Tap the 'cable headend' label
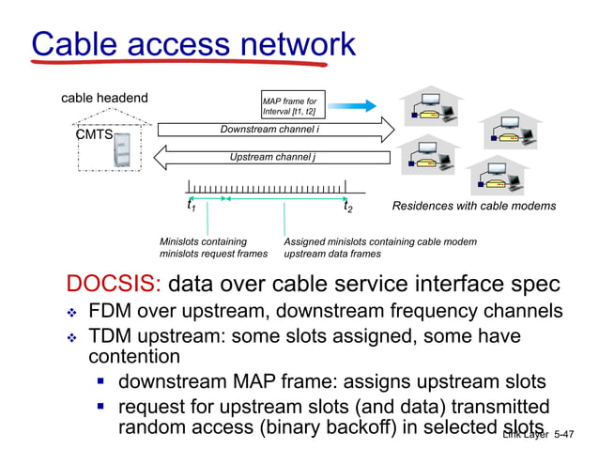pyautogui.click(x=104, y=98)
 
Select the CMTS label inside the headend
pyautogui.click(x=94, y=135)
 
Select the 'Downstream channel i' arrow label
pyautogui.click(x=269, y=129)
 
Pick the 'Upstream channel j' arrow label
pyautogui.click(x=272, y=156)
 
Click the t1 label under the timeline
pyautogui.click(x=192, y=207)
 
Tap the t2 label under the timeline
pyautogui.click(x=348, y=207)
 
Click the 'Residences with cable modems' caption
pyautogui.click(x=473, y=206)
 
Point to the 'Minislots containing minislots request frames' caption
pyautogui.click(x=213, y=247)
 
